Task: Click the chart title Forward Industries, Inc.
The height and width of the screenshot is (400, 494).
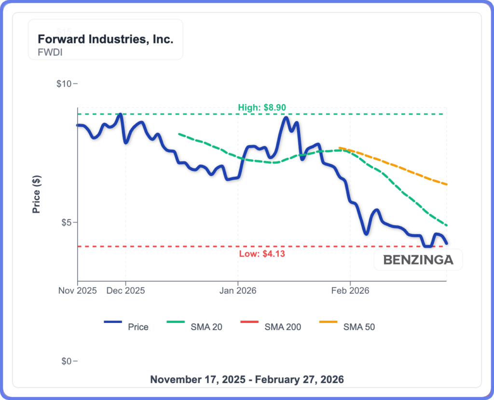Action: (x=105, y=40)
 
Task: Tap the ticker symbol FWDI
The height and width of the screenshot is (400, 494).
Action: (x=50, y=52)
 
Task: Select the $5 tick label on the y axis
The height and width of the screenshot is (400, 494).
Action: (x=66, y=223)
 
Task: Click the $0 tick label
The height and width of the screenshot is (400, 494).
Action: (x=66, y=361)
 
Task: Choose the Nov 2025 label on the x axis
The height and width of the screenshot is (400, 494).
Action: (x=78, y=291)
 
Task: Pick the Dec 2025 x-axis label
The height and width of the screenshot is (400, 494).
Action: (x=125, y=291)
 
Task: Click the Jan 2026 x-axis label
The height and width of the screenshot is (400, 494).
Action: (x=238, y=291)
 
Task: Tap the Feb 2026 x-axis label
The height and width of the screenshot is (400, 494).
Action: (x=350, y=291)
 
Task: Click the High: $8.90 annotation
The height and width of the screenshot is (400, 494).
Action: (x=262, y=107)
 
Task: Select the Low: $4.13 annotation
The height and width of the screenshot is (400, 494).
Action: (x=262, y=253)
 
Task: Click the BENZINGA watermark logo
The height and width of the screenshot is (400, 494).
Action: (x=418, y=260)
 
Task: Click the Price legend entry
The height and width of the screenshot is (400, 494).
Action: (x=138, y=327)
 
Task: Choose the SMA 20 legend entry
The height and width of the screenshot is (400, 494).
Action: (x=206, y=327)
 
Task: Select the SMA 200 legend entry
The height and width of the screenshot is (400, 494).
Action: (x=283, y=327)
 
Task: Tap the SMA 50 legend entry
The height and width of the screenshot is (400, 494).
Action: (x=359, y=327)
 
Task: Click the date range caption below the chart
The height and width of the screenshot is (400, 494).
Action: (x=247, y=379)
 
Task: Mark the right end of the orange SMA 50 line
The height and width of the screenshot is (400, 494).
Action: (x=447, y=184)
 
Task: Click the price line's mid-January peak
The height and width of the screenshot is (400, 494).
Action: (x=286, y=118)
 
